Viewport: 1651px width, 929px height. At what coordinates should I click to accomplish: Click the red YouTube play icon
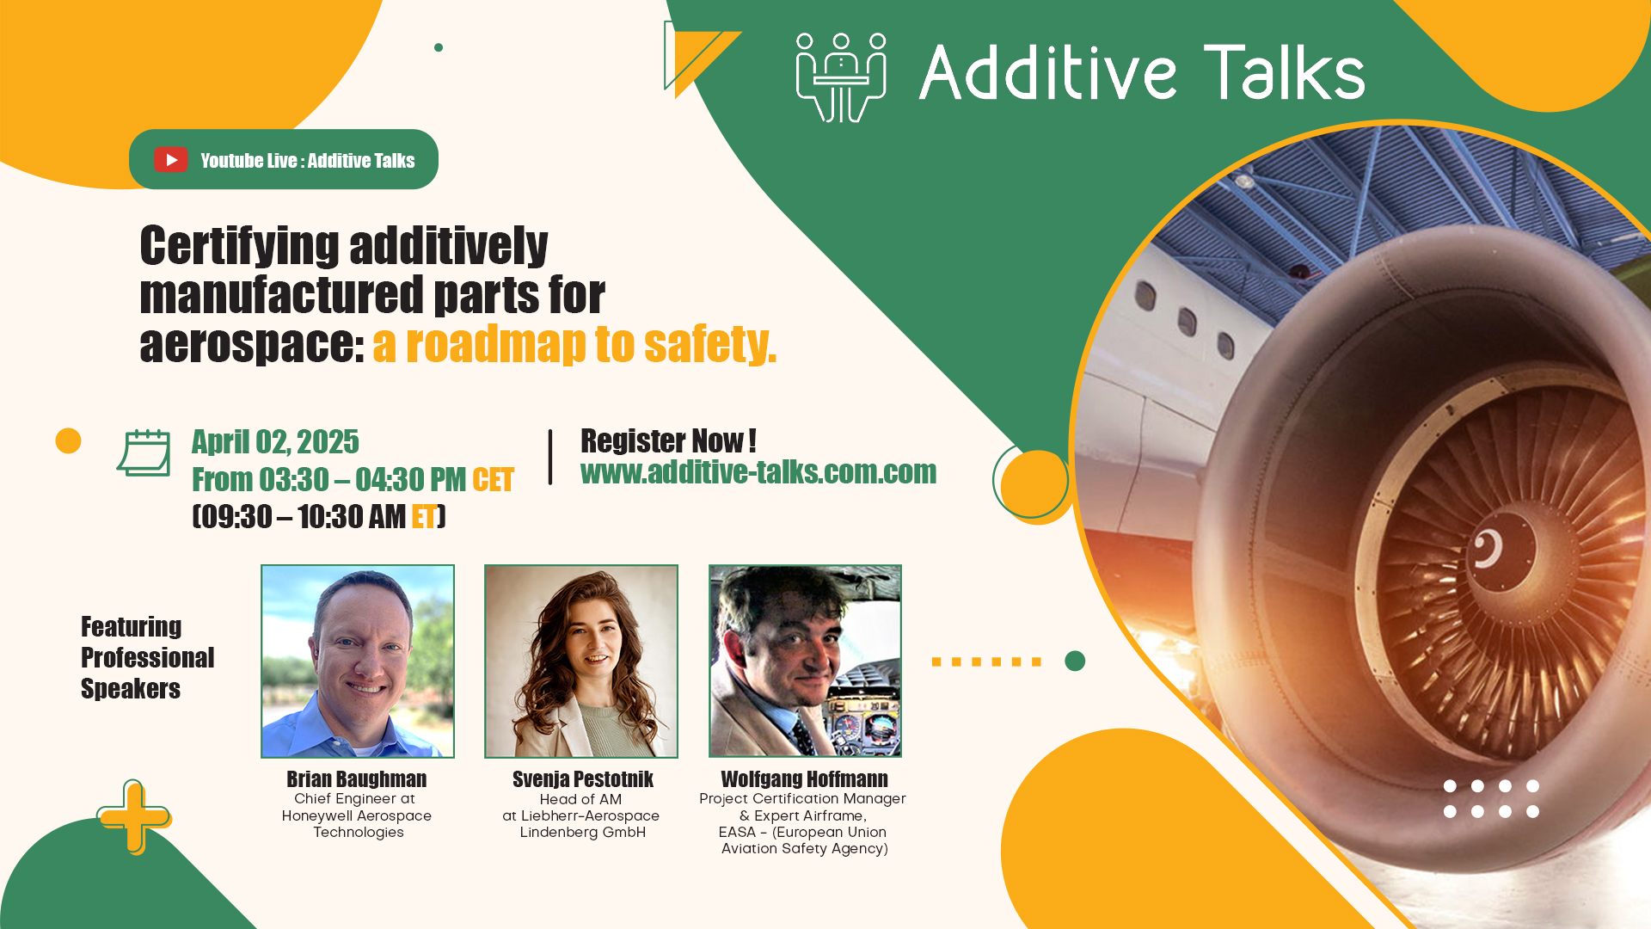click(x=171, y=160)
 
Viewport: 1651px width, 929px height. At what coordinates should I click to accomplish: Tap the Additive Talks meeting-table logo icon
click(x=841, y=77)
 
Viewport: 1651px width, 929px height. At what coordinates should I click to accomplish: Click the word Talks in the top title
click(x=1284, y=72)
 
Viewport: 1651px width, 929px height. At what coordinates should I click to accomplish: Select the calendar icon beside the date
click(x=144, y=452)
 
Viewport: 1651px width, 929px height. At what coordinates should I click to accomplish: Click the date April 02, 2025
click(x=275, y=442)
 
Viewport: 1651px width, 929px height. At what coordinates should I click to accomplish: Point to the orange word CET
click(x=493, y=480)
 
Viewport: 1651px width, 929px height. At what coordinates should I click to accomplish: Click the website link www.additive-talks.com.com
click(x=758, y=472)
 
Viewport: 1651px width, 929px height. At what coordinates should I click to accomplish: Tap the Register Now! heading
click(x=668, y=440)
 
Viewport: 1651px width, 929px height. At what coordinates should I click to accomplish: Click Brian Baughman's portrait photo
click(x=358, y=661)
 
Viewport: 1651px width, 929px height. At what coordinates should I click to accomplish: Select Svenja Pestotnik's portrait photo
click(x=581, y=661)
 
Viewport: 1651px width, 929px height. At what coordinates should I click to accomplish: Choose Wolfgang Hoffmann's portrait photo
click(x=805, y=661)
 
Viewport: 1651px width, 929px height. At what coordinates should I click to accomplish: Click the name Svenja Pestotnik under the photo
click(x=583, y=779)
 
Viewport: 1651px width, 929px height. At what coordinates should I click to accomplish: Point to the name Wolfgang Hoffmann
click(x=804, y=779)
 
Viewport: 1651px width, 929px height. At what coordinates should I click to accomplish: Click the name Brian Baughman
click(x=357, y=779)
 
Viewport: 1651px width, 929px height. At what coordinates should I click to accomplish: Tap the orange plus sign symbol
click(x=133, y=816)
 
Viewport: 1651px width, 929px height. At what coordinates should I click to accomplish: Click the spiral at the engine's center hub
click(x=1488, y=548)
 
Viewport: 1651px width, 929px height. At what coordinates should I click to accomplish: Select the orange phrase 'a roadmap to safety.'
click(x=574, y=344)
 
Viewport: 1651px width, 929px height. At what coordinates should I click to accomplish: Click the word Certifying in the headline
click(x=240, y=246)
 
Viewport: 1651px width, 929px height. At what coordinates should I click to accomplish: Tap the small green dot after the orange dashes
click(x=1075, y=661)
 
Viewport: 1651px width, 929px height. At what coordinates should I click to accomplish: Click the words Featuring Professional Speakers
click(x=147, y=657)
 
